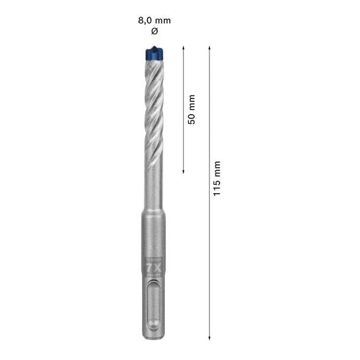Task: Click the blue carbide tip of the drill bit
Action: tap(154, 55)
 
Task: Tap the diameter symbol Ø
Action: tap(154, 31)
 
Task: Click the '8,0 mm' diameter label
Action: tap(154, 20)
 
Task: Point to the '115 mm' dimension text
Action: tap(217, 178)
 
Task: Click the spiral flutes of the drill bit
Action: tap(154, 108)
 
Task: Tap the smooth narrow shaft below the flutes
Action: tap(154, 186)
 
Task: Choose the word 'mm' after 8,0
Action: tap(163, 20)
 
